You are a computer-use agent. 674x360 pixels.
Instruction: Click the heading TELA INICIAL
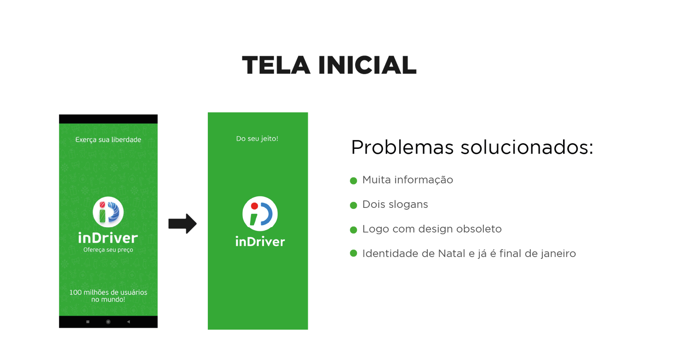(329, 66)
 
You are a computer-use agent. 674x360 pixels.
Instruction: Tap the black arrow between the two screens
(183, 224)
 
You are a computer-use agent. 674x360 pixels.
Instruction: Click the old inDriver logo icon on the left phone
(108, 213)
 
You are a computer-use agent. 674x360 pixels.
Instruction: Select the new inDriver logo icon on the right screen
(260, 213)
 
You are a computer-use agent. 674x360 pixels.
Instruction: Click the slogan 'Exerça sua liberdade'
(108, 140)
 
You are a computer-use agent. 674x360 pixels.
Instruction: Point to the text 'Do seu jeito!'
(257, 139)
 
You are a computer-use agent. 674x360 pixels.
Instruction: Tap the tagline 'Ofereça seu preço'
(108, 250)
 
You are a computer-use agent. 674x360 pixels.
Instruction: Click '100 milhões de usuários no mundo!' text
(108, 295)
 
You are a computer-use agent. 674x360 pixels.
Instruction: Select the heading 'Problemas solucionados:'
(472, 147)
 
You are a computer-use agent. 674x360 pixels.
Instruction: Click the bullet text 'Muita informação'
(408, 180)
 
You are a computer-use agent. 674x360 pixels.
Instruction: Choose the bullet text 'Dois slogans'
(395, 205)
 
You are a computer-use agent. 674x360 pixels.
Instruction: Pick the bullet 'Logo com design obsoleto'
(432, 229)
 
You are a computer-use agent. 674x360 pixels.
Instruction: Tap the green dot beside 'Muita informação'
(353, 180)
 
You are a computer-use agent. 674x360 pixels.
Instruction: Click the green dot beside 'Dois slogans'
(353, 205)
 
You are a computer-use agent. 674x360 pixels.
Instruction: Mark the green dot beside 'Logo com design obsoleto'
(353, 229)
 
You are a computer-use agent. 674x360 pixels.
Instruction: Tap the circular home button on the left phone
(108, 322)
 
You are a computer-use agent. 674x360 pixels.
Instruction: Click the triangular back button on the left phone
(128, 322)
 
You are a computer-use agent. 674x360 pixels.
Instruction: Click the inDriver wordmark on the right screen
(260, 242)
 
